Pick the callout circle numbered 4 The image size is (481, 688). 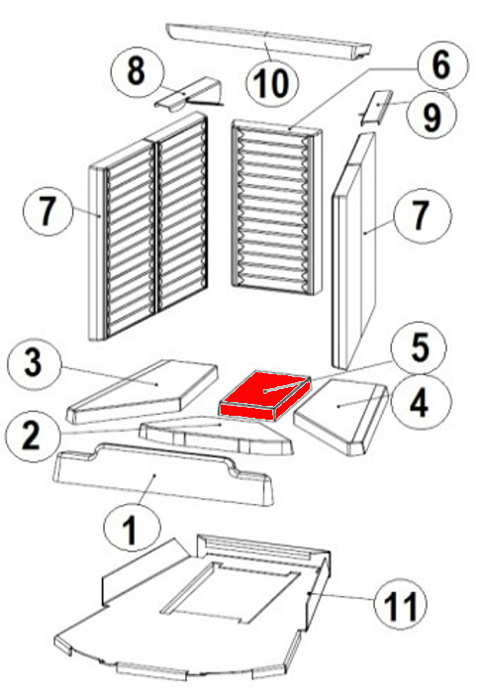click(x=422, y=402)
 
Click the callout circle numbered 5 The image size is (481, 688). click(x=420, y=347)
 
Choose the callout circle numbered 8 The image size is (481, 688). click(x=137, y=71)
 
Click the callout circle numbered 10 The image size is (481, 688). click(x=272, y=82)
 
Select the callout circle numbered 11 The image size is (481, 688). click(x=401, y=605)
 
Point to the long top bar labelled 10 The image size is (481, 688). click(x=268, y=42)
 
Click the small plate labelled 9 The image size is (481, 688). click(x=376, y=108)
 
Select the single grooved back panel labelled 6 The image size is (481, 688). click(x=276, y=208)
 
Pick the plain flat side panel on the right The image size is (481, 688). click(x=354, y=250)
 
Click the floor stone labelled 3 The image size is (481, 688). click(x=142, y=391)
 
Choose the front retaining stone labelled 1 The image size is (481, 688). click(x=162, y=475)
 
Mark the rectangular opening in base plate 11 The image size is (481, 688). click(x=231, y=592)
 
